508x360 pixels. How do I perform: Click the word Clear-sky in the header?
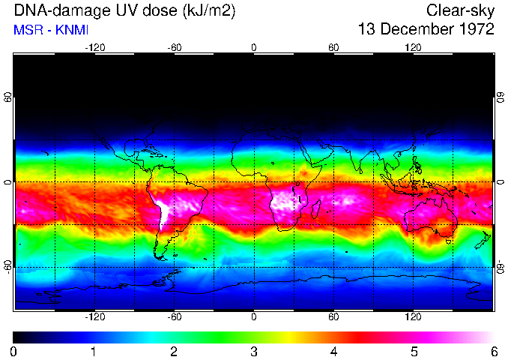(x=460, y=10)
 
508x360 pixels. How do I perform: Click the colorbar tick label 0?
(x=14, y=351)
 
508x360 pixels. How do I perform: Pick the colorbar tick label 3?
(x=253, y=351)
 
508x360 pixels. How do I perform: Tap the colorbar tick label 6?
(x=493, y=351)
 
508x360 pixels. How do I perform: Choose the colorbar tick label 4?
(x=333, y=351)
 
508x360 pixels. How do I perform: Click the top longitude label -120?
(x=94, y=47)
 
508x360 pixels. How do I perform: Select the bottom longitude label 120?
(x=413, y=317)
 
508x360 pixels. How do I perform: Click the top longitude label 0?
(x=253, y=47)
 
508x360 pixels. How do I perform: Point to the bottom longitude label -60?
(x=174, y=317)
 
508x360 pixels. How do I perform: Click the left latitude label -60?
(x=7, y=267)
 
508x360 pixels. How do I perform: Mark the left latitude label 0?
(x=7, y=182)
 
